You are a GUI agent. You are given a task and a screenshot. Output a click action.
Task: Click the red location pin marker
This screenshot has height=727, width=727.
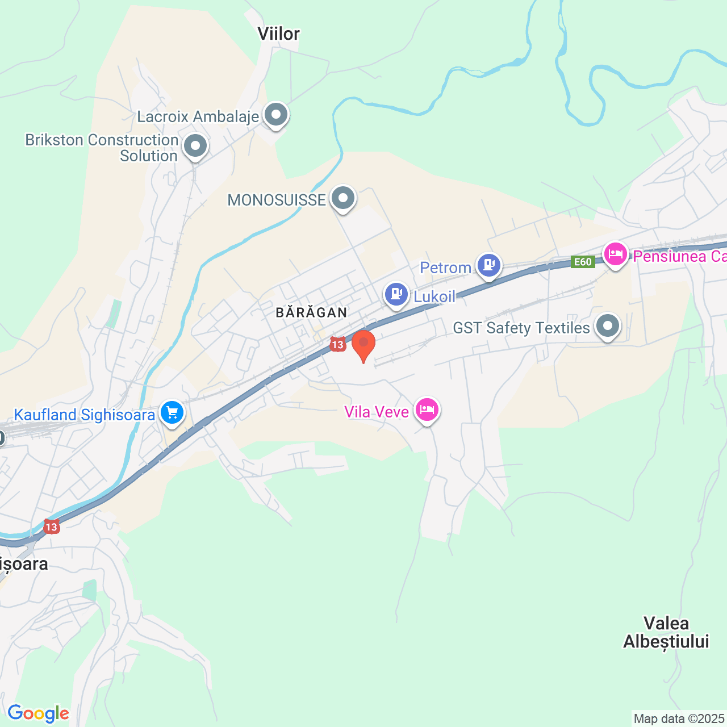(x=363, y=344)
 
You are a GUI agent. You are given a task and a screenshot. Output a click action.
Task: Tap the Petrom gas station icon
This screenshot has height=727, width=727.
(x=488, y=265)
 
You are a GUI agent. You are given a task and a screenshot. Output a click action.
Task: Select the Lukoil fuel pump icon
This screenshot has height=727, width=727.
(x=396, y=294)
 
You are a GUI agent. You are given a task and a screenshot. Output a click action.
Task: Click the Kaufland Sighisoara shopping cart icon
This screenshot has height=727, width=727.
(x=172, y=413)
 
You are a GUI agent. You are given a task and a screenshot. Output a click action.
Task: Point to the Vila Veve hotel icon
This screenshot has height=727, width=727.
(x=427, y=410)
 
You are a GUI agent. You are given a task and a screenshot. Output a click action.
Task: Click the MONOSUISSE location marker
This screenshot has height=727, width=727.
(x=342, y=199)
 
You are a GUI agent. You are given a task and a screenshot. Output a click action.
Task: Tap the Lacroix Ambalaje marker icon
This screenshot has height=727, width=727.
(x=276, y=115)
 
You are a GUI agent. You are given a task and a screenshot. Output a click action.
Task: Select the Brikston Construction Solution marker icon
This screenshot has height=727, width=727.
(x=195, y=146)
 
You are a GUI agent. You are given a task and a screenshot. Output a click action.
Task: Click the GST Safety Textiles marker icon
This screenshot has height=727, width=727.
(x=607, y=327)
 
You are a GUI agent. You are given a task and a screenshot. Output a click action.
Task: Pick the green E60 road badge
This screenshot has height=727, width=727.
(x=583, y=262)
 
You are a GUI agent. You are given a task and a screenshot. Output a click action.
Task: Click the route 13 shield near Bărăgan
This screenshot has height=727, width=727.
(x=337, y=344)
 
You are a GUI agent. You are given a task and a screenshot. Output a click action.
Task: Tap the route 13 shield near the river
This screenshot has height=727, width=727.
(x=51, y=527)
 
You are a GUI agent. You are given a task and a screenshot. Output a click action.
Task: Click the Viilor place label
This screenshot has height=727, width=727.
(x=278, y=34)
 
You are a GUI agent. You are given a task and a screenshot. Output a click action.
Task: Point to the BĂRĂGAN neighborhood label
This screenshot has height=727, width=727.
(x=311, y=312)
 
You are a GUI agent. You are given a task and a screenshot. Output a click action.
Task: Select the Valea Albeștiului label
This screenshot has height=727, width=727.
(x=666, y=632)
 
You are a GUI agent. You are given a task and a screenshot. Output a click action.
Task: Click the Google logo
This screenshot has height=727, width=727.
(x=39, y=713)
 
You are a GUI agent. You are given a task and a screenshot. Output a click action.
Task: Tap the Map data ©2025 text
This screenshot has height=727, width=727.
(x=679, y=718)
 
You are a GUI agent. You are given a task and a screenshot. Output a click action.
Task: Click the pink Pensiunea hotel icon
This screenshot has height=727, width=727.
(x=615, y=254)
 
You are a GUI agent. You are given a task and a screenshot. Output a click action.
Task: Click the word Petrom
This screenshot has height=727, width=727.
(x=445, y=268)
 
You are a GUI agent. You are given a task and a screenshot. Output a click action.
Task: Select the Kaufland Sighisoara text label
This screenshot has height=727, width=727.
(x=84, y=415)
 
